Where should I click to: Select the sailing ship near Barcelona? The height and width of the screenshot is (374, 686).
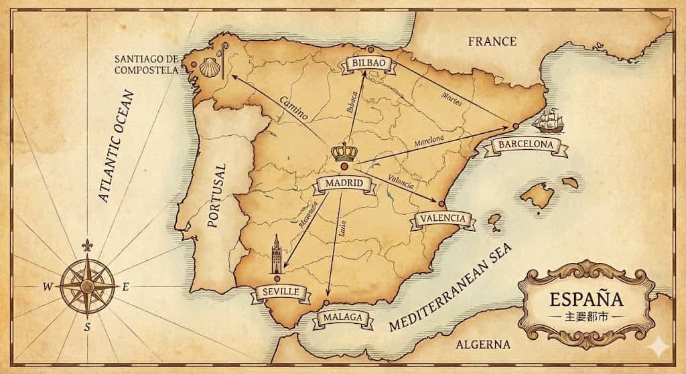point(549,120)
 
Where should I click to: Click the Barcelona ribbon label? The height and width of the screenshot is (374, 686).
point(526,145)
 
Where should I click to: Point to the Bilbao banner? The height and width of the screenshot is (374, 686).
point(369,63)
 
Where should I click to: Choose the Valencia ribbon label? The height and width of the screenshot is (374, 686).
point(442,219)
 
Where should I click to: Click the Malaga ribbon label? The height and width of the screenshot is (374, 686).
point(342,318)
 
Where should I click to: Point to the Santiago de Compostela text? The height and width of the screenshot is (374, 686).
point(147,64)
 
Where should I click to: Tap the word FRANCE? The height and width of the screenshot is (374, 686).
point(492,41)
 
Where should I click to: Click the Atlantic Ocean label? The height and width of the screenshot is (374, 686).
point(115,147)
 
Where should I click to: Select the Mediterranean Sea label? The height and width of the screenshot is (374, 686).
point(450,287)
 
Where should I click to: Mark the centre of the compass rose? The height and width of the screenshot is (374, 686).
point(87,286)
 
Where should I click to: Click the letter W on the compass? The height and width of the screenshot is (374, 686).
point(48,287)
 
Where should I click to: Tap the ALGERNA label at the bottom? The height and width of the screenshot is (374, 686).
point(482,345)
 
